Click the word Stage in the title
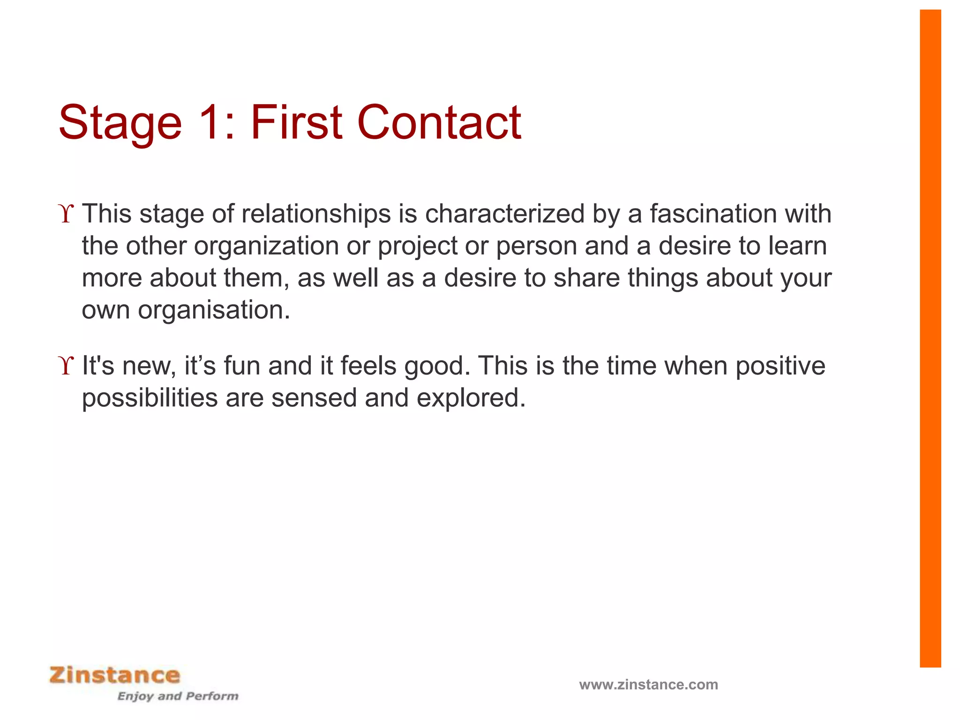(x=120, y=123)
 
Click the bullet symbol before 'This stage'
(x=67, y=214)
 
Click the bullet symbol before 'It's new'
(x=67, y=366)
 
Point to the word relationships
(x=316, y=214)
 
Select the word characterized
(x=504, y=214)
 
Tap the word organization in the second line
(x=266, y=246)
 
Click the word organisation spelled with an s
(x=214, y=311)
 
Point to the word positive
(x=780, y=367)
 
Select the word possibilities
(x=150, y=398)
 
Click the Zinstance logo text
(x=115, y=675)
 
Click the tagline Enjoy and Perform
(x=178, y=696)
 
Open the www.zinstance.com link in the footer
(x=648, y=684)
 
